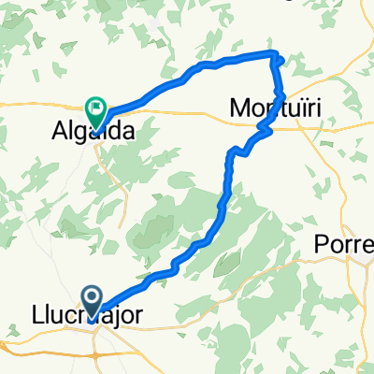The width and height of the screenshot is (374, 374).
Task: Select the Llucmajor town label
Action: point(91,317)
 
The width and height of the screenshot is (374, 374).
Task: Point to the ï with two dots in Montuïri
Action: point(300,109)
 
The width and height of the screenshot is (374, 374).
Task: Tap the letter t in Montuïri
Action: point(280,109)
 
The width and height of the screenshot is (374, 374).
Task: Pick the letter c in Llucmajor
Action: point(72,318)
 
